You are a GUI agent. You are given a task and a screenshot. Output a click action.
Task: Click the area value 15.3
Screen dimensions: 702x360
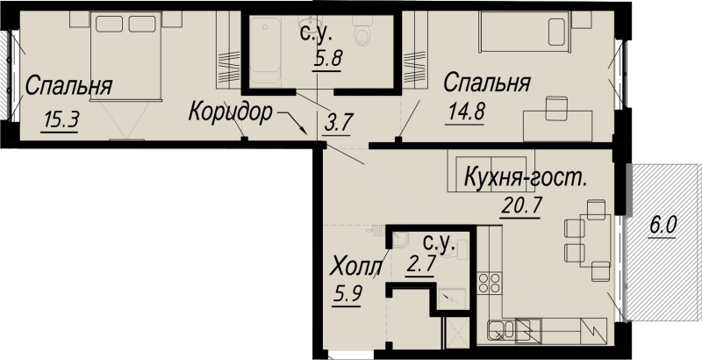tap(61, 120)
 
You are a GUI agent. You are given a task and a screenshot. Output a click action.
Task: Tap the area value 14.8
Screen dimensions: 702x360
tap(466, 112)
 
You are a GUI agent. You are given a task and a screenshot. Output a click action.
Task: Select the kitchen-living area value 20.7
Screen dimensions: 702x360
tap(521, 206)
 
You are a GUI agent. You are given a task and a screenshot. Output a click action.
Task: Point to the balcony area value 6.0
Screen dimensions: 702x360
tap(663, 227)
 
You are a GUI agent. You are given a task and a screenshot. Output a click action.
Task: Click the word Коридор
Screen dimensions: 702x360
tap(231, 112)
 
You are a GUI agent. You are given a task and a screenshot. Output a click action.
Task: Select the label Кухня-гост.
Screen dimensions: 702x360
tap(526, 177)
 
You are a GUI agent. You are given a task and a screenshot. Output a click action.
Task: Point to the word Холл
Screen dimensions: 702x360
tap(356, 267)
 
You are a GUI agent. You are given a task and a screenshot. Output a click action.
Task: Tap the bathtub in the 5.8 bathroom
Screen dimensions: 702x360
tap(266, 50)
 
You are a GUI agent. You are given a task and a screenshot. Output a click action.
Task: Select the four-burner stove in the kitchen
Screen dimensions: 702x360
tap(489, 283)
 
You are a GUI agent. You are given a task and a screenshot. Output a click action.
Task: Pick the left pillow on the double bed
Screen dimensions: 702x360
tap(109, 24)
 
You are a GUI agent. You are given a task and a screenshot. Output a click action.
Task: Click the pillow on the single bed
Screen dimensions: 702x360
tap(557, 32)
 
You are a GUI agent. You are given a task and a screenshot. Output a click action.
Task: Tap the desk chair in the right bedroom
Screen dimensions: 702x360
tap(556, 108)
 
